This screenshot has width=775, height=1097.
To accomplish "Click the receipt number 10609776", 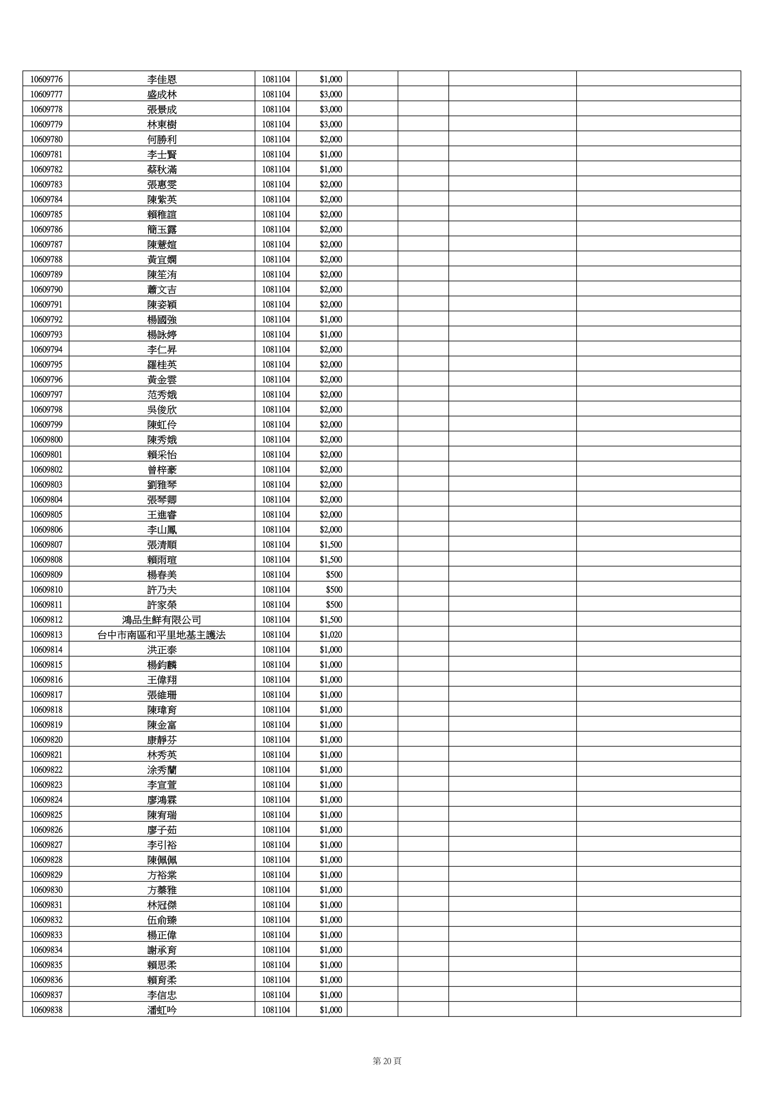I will coord(46,79).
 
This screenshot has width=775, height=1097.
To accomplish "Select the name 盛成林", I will coord(162,95).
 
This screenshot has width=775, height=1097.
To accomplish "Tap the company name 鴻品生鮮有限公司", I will coord(162,620).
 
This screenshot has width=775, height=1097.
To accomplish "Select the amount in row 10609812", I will coord(330,620).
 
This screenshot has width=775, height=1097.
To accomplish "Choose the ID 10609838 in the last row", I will coord(46,1010).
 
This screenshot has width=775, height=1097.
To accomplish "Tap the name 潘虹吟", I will coord(162,1010).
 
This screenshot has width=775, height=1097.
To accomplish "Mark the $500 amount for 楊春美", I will coord(334,575).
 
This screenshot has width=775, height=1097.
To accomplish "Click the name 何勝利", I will coord(162,139).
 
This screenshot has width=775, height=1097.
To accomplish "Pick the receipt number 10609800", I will coord(46,440).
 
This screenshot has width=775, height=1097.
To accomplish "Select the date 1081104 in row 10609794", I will coord(276,350).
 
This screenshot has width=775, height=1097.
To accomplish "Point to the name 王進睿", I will coord(162,515).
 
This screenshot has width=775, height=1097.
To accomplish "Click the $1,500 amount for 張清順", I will coord(330,545).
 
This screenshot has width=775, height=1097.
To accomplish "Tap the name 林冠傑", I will coord(162,905).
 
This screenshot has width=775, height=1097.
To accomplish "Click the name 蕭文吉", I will coord(162,290).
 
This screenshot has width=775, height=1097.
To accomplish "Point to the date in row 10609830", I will coord(276,890).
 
